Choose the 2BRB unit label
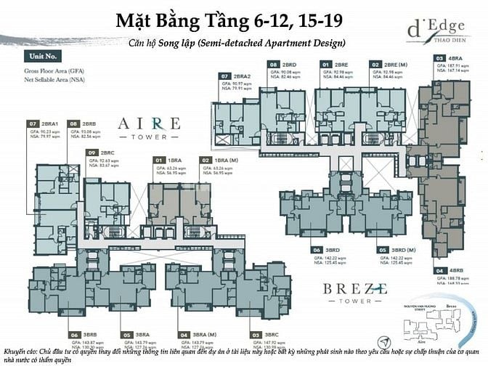tap(90, 124)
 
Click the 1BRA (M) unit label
tap(219, 159)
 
